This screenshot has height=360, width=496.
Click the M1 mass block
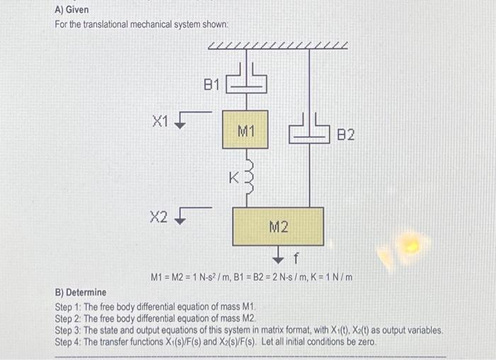[245, 130]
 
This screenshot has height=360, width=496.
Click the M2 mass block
[278, 226]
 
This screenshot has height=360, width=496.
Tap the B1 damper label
[213, 85]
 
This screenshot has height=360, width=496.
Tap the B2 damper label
[345, 133]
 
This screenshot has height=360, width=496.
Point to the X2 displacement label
[159, 216]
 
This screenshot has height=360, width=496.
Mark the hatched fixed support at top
[278, 46]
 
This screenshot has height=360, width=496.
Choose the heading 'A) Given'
[72, 10]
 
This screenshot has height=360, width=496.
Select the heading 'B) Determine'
[81, 292]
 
